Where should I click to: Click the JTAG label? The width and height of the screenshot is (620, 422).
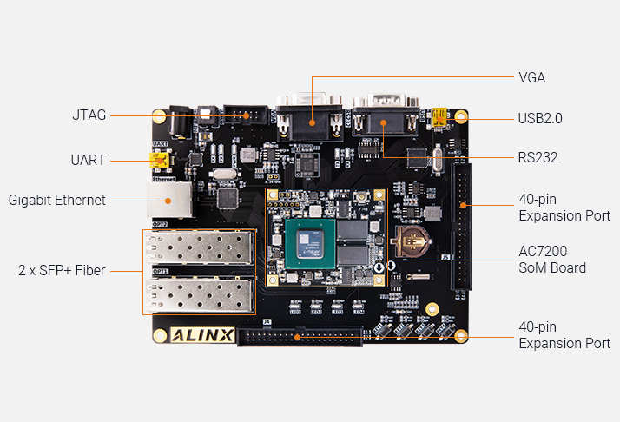pyautogui.click(x=89, y=115)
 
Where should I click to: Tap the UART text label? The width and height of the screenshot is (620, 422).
pyautogui.click(x=88, y=160)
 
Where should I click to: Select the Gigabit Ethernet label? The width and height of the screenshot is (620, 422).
pyautogui.click(x=57, y=200)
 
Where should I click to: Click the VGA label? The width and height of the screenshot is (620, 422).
pyautogui.click(x=531, y=77)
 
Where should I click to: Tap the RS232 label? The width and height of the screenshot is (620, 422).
pyautogui.click(x=538, y=158)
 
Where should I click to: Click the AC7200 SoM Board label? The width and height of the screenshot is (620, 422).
pyautogui.click(x=552, y=259)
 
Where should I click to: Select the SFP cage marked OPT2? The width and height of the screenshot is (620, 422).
pyautogui.click(x=199, y=249)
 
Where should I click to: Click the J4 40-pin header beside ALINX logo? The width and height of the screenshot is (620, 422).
pyautogui.click(x=301, y=337)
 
